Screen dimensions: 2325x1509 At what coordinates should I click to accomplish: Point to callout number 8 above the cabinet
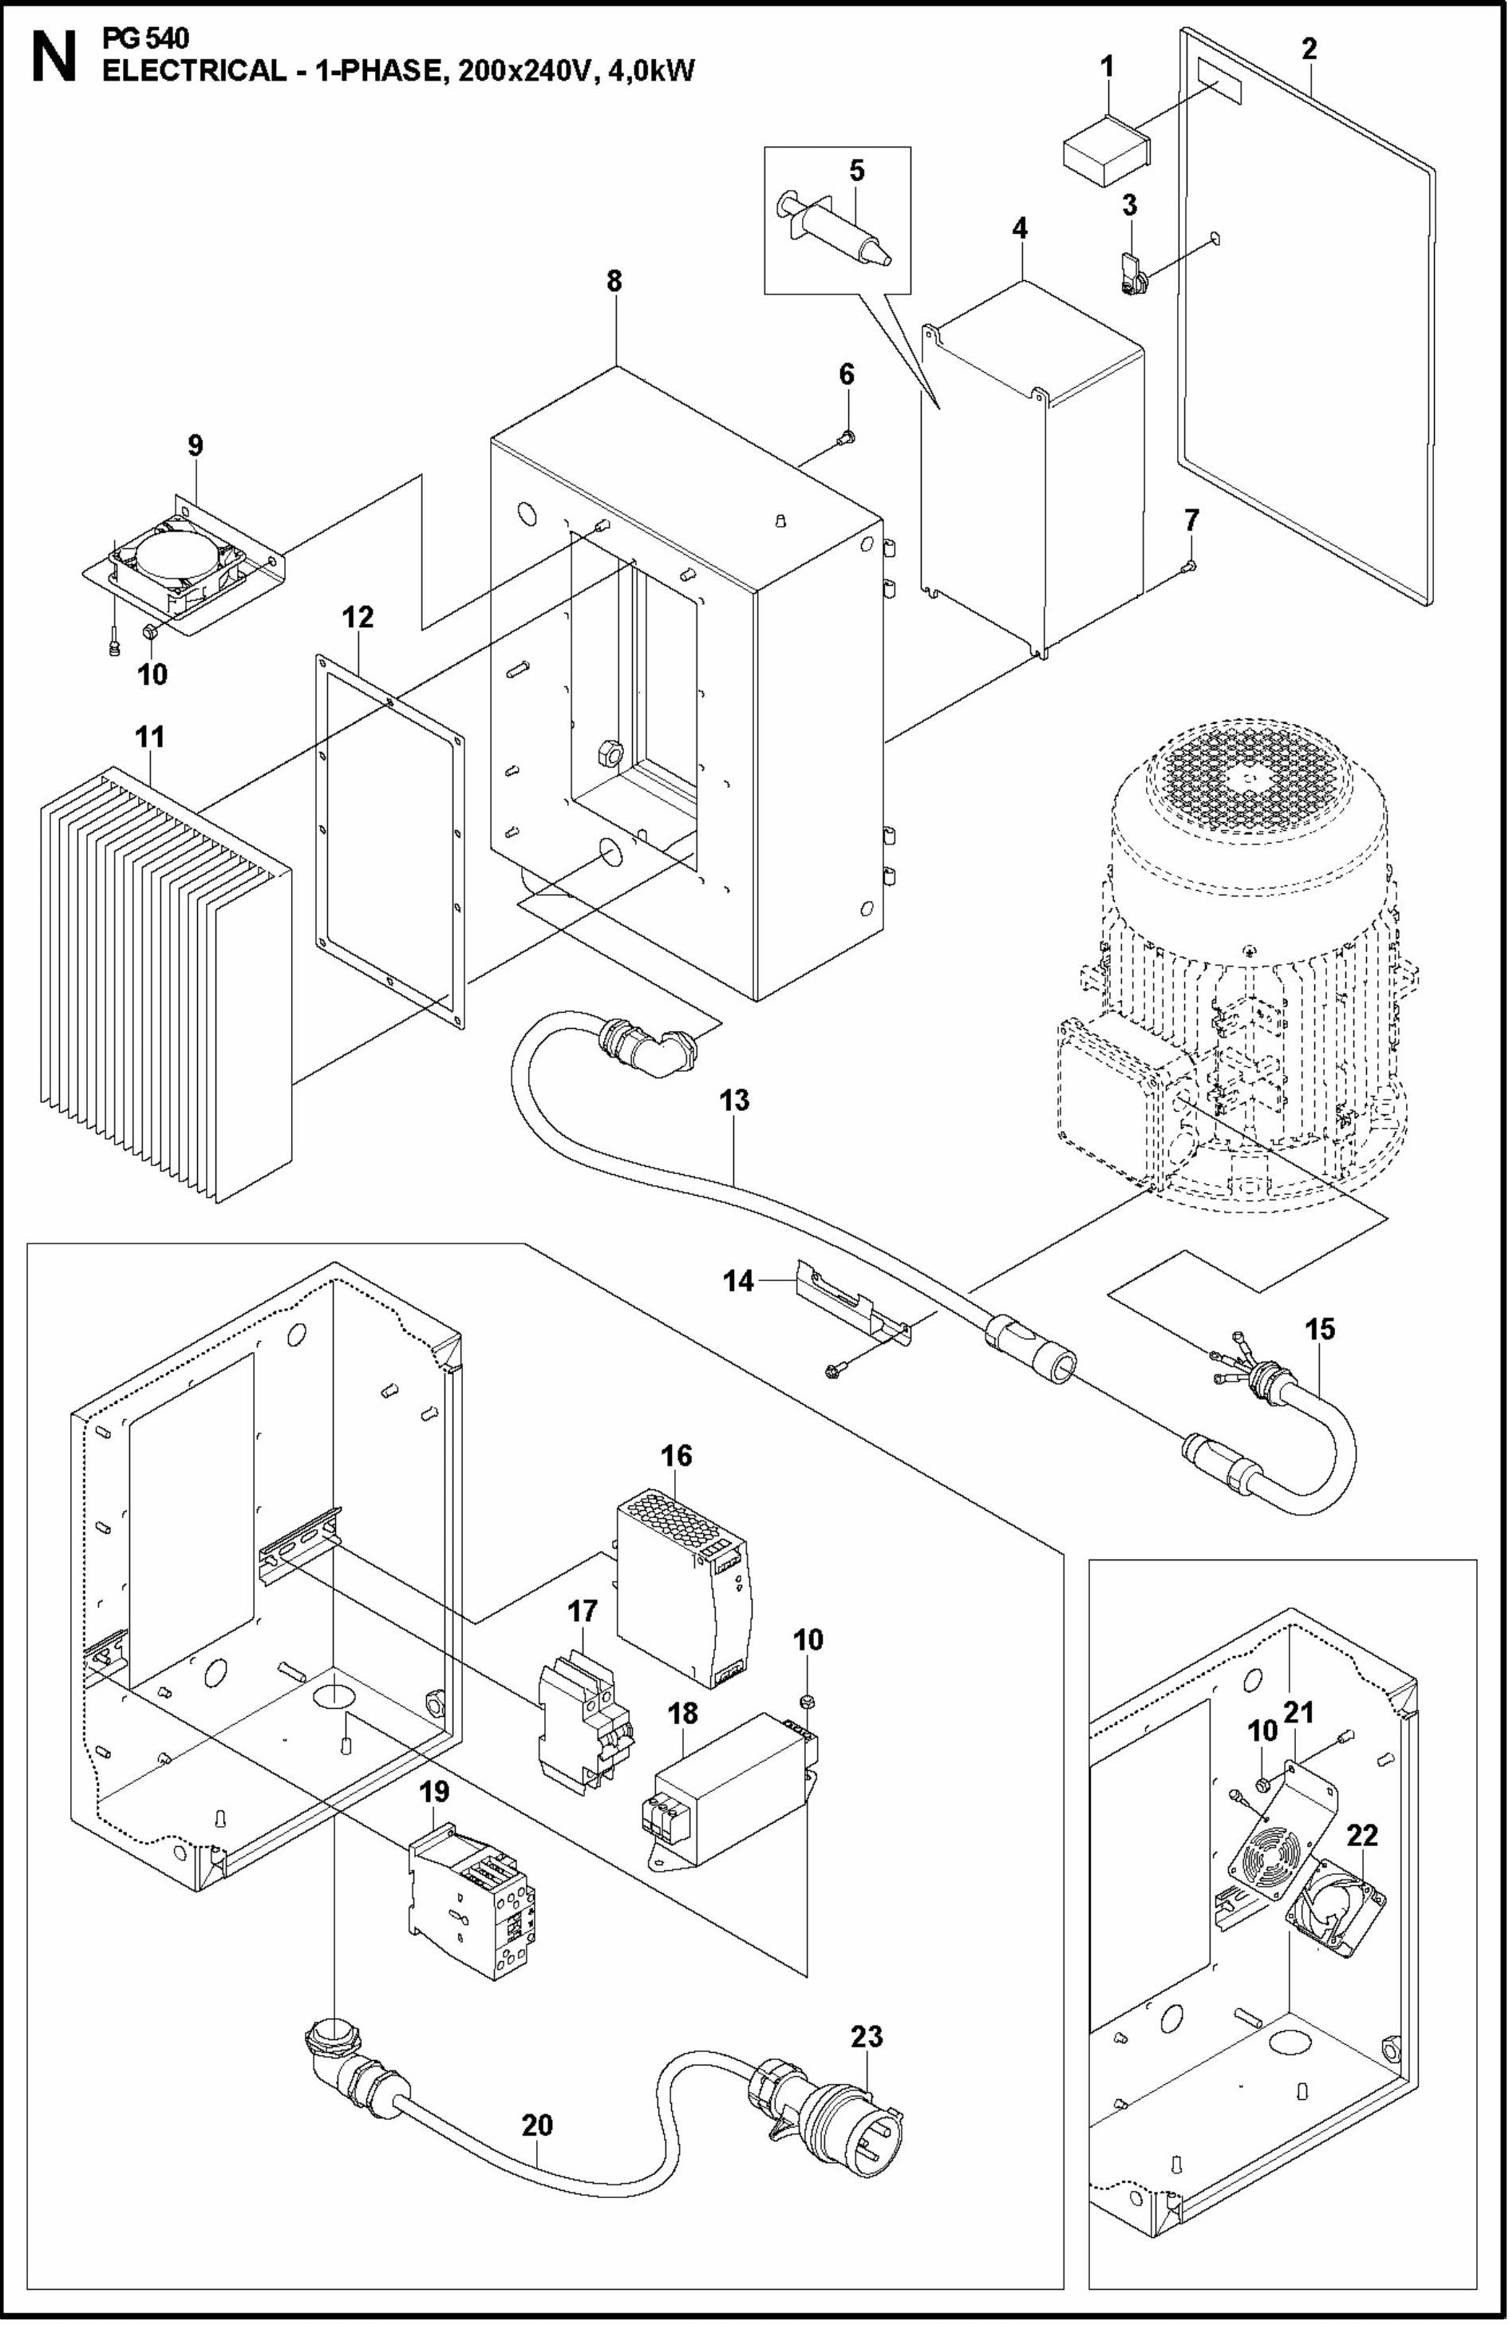point(614,281)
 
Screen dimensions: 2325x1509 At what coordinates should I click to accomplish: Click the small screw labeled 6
point(847,439)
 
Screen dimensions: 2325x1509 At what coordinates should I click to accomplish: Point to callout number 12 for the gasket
point(357,618)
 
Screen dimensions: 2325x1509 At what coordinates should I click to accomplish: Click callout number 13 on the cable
point(733,1100)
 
